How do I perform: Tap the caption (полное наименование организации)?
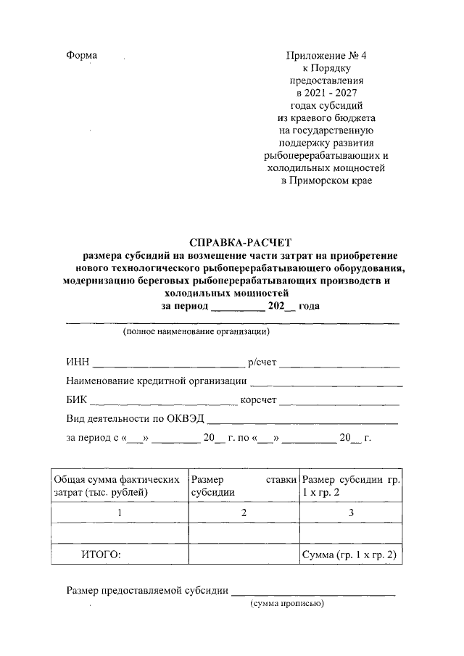196,332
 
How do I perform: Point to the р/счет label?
262,362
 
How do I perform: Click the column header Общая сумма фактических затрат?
118,486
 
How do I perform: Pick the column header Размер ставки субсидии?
243,486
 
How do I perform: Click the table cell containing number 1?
119,512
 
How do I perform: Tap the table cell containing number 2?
244,512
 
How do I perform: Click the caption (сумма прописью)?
286,603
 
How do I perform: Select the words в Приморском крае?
326,180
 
